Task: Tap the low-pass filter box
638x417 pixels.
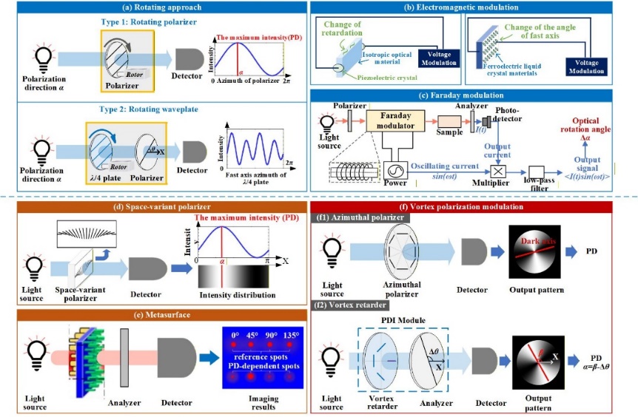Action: (537, 171)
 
